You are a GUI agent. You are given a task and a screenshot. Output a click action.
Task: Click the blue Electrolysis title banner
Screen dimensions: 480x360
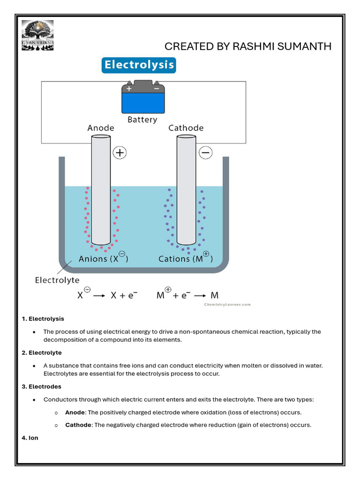click(139, 65)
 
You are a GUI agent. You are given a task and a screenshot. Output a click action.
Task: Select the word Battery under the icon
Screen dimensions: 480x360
click(142, 120)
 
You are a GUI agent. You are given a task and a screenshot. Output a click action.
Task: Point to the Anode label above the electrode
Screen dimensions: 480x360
click(101, 128)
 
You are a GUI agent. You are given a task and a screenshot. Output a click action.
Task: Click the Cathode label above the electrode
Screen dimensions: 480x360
click(186, 128)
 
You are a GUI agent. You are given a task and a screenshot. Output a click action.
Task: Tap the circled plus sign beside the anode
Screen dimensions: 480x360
click(120, 153)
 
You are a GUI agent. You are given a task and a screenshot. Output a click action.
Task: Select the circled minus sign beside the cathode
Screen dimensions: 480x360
click(206, 153)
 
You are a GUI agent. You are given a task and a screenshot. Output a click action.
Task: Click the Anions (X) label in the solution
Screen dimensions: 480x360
click(103, 258)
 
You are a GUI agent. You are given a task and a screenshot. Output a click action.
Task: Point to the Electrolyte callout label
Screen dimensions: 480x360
click(57, 280)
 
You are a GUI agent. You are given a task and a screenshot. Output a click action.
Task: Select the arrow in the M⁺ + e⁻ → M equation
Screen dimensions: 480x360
click(200, 296)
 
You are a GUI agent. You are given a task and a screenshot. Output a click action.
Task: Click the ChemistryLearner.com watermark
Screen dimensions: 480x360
click(227, 304)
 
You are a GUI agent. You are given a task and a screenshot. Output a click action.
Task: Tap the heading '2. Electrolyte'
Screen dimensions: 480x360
click(42, 352)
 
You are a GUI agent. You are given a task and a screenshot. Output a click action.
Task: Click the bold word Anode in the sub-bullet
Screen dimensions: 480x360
click(75, 412)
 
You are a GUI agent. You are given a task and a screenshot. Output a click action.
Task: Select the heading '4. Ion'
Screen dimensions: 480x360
click(30, 438)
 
